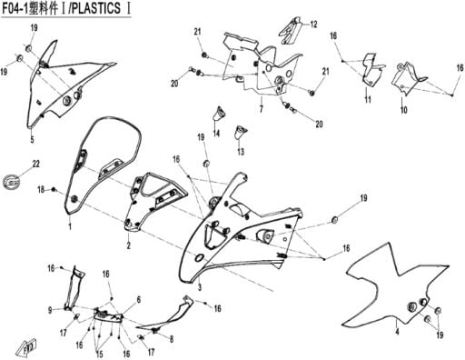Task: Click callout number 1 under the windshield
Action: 70,226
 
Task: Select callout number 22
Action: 36,164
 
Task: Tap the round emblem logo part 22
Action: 12,182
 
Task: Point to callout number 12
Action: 313,25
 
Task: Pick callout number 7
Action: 261,108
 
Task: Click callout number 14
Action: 216,133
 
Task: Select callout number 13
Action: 241,152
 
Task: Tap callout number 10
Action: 404,110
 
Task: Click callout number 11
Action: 368,99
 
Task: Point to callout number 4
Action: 397,332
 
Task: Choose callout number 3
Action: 200,287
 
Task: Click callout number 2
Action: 129,245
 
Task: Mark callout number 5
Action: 32,139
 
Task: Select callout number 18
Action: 41,190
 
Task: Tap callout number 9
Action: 50,310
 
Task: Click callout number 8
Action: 172,339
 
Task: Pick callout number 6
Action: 139,300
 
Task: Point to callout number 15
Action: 99,354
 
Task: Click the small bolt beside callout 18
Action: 54,190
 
